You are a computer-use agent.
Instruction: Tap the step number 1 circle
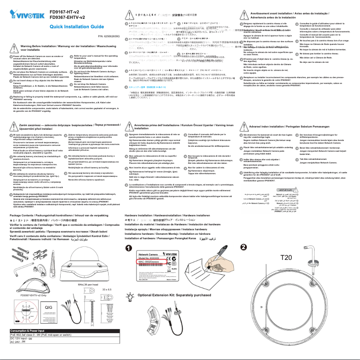[129, 248]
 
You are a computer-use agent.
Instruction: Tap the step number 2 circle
[243, 247]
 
